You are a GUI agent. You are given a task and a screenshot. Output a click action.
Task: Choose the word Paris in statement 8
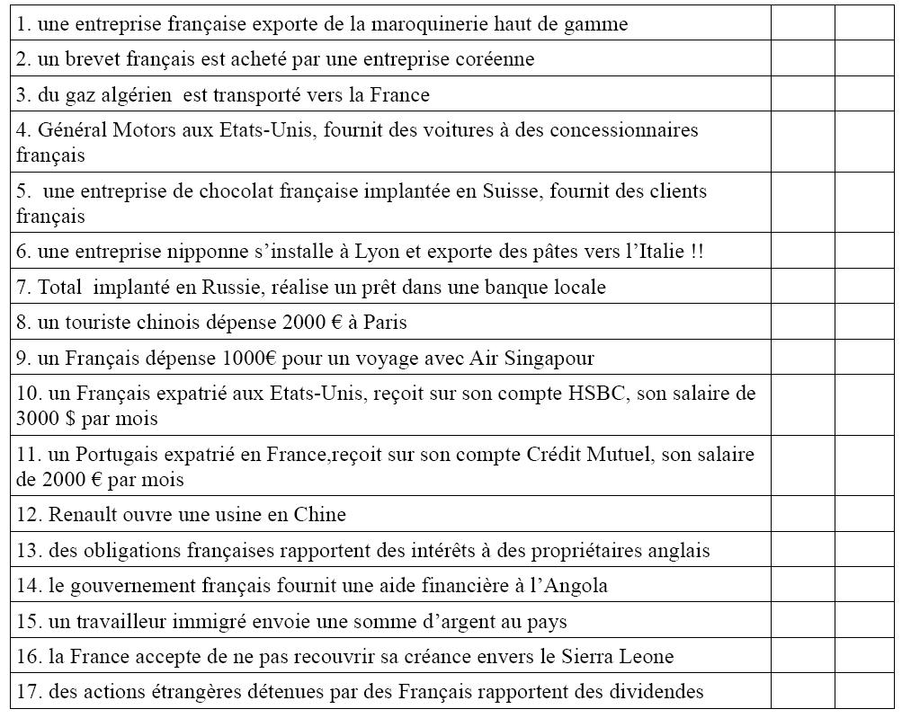(388, 323)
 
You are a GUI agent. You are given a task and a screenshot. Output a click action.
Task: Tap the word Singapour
(546, 359)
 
